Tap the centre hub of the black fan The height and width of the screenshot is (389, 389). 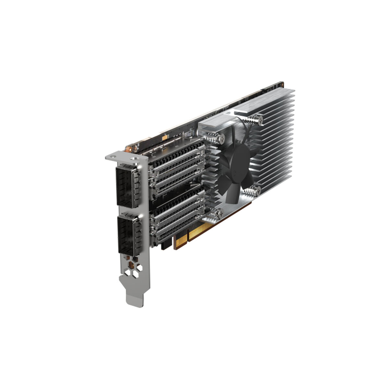tap(235, 169)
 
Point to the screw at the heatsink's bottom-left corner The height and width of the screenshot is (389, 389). tap(216, 213)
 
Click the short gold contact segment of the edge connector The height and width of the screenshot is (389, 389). tap(180, 242)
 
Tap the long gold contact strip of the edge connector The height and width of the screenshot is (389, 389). tap(211, 229)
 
